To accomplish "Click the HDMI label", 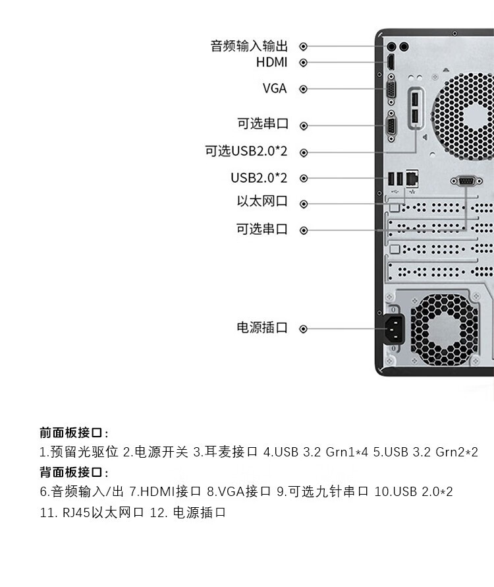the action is point(271,62).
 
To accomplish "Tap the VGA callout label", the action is point(275,88).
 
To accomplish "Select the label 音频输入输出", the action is point(249,46).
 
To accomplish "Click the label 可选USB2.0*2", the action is point(246,151).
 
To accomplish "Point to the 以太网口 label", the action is point(262,201).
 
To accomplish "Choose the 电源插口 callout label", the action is point(262,328).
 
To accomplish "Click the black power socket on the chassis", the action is point(394,329).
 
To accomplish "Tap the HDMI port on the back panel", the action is point(391,62).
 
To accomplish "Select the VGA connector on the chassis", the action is point(391,90).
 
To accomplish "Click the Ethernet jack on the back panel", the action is point(412,178).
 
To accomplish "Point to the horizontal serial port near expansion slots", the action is point(466,181).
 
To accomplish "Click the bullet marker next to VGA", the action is point(303,89).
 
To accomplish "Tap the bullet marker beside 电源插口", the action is point(303,328).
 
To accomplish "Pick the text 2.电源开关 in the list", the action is point(155,452).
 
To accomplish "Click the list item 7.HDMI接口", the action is point(166,491).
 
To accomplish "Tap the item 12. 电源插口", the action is point(188,512).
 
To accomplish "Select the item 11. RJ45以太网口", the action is point(92,512).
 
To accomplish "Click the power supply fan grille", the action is point(444,329).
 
